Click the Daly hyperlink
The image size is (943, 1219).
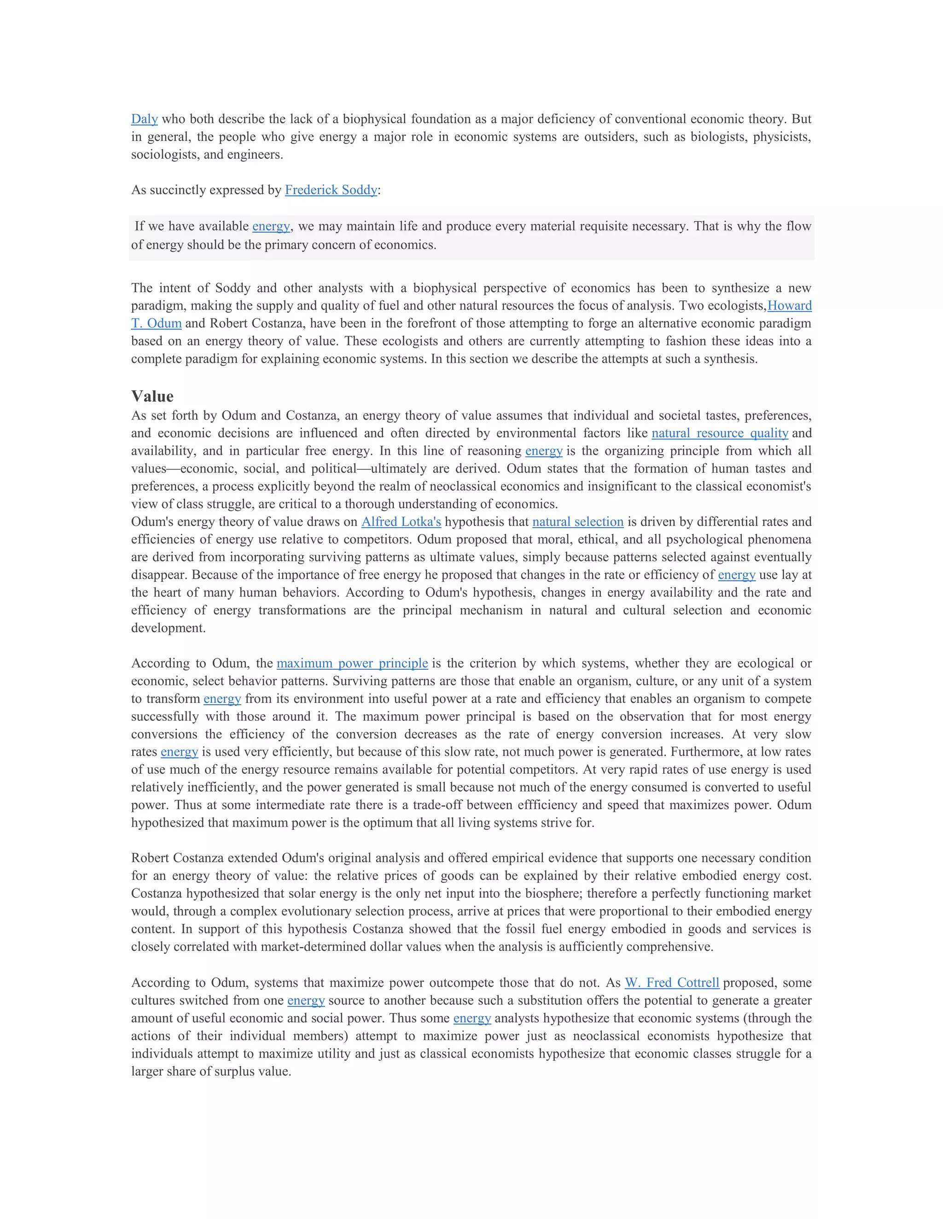coord(144,119)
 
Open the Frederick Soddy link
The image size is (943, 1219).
coord(331,190)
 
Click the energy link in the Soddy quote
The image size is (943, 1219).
coord(271,226)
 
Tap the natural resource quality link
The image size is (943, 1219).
coord(720,433)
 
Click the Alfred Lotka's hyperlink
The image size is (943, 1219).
coord(401,522)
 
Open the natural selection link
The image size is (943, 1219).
coord(578,522)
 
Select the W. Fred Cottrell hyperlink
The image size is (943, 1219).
coord(671,983)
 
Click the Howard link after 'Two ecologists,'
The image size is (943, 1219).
coord(789,306)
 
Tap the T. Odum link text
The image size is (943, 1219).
coord(157,323)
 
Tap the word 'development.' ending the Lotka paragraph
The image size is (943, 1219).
coord(168,628)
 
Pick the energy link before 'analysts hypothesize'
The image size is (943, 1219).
coord(472,1018)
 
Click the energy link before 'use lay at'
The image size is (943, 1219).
coord(736,575)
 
